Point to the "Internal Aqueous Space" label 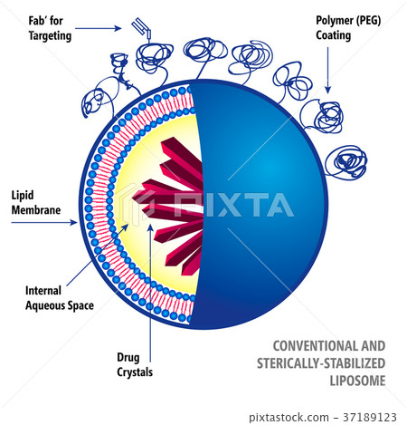click(59, 298)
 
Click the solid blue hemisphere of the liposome click(271, 199)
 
